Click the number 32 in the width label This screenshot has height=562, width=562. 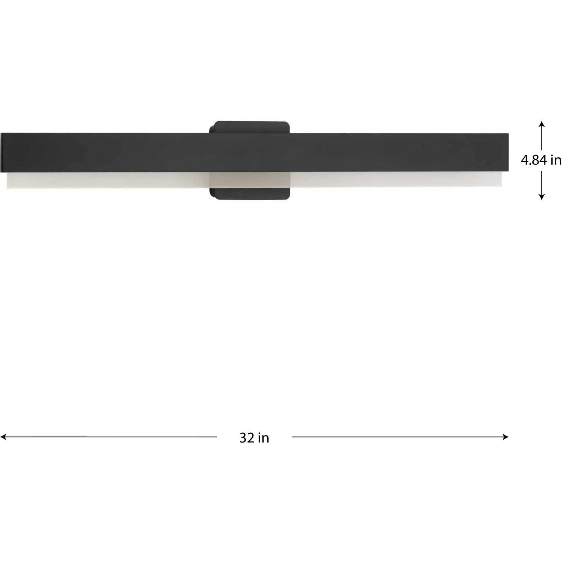tap(247, 438)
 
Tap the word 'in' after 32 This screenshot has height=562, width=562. tap(264, 438)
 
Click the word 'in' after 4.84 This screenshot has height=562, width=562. tap(556, 160)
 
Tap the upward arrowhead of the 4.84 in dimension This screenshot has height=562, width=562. tap(541, 123)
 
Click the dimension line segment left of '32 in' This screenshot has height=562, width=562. tap(111, 437)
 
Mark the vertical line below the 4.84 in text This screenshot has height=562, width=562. tap(541, 183)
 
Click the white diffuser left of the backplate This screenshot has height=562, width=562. tap(108, 180)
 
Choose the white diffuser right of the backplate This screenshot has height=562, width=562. tap(396, 179)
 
